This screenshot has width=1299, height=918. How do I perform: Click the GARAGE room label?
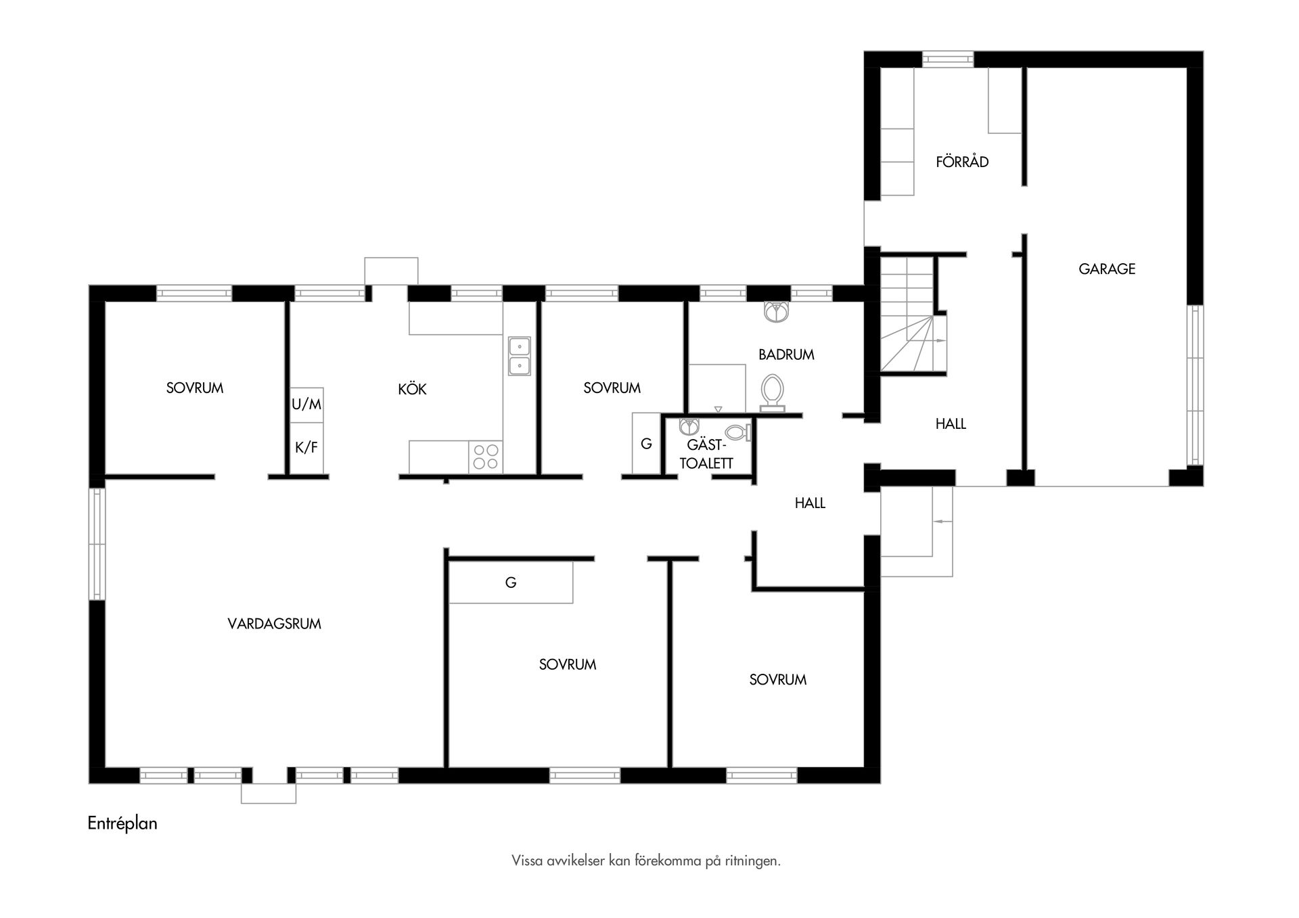click(1107, 269)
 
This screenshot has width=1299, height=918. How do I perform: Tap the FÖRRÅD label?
click(962, 162)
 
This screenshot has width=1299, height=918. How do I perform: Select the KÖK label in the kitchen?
click(412, 390)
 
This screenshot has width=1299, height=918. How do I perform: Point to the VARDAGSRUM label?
click(274, 624)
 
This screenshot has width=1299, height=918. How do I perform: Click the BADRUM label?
click(785, 354)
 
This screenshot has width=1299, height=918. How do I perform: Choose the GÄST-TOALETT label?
click(706, 454)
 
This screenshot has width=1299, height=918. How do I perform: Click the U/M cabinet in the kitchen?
click(306, 405)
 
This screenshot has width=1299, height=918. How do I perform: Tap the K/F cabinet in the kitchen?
click(306, 448)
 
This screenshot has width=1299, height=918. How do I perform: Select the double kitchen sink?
click(519, 356)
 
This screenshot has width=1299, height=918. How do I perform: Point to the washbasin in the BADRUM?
click(776, 311)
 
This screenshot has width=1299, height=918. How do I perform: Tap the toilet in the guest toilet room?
click(737, 432)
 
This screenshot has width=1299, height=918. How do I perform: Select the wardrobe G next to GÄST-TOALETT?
click(646, 444)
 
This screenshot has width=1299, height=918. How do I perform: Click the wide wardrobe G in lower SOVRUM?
click(511, 582)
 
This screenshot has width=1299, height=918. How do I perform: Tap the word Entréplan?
click(122, 823)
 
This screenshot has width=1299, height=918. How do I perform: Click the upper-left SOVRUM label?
click(195, 388)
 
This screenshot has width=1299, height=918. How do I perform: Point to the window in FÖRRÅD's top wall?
click(948, 59)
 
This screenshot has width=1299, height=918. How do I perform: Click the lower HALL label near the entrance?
click(810, 503)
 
